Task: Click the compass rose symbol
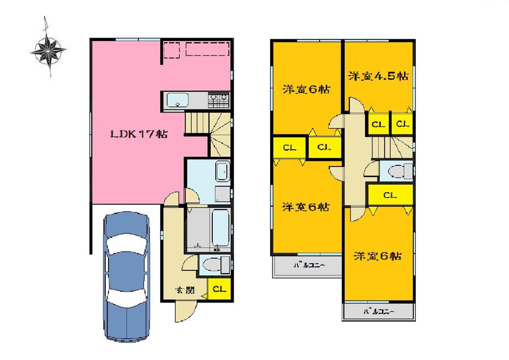pos(48,49)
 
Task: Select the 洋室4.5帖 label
pos(378,76)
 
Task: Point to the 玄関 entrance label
pos(185,291)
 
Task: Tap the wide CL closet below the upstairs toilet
pos(390,195)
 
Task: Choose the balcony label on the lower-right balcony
pos(379,311)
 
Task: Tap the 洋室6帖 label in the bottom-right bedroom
pos(378,256)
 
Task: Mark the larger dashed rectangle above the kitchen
pos(206,49)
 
